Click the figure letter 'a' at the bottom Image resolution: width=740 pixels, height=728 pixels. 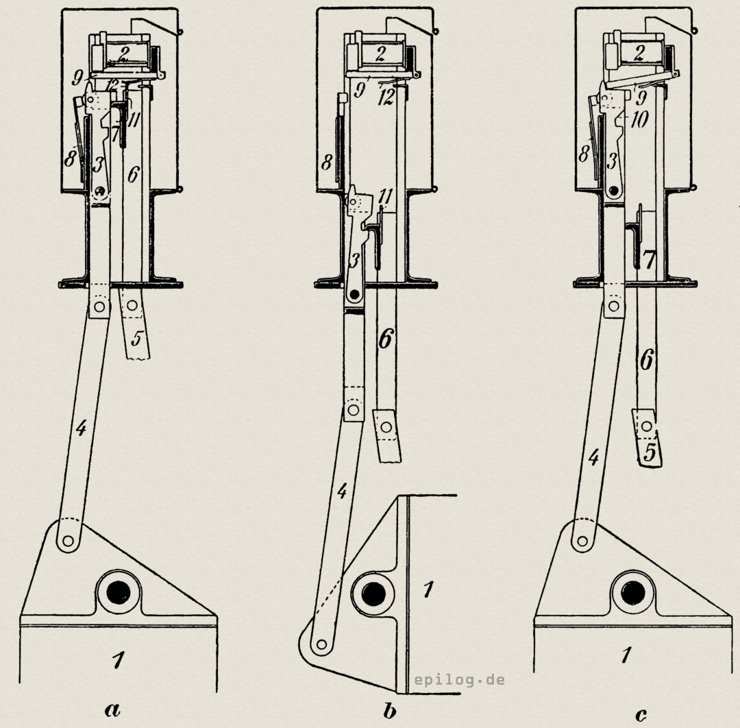112,709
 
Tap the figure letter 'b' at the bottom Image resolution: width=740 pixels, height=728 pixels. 390,709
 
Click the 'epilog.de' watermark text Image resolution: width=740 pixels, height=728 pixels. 459,680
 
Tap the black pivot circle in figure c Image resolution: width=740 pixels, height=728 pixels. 632,594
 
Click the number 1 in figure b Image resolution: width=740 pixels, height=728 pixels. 428,590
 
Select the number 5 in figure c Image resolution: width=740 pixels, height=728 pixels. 650,452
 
